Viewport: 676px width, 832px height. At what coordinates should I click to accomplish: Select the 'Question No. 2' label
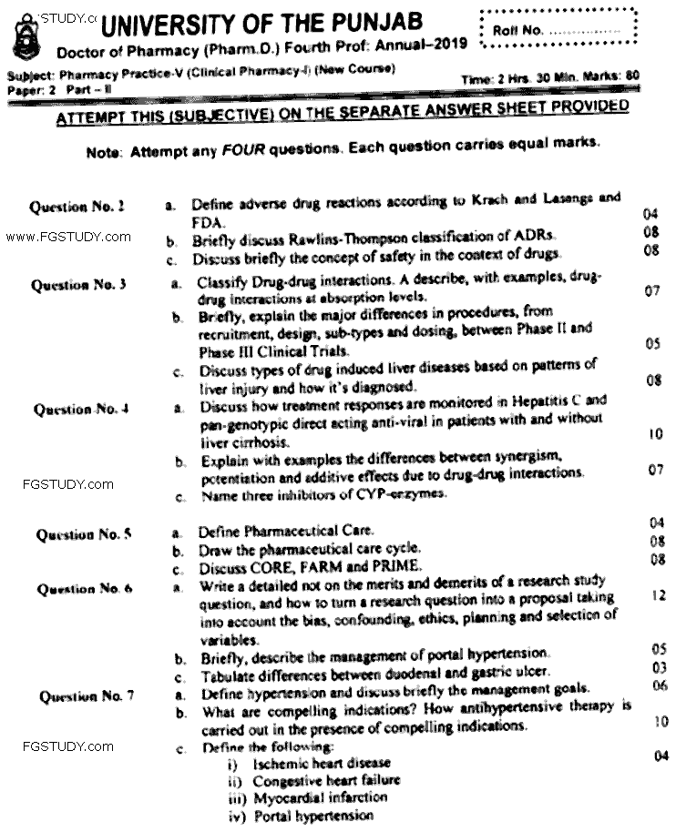click(x=77, y=207)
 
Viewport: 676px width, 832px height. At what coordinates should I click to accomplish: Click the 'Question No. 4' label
click(x=80, y=409)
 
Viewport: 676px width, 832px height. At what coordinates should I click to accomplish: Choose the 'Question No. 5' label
click(x=84, y=534)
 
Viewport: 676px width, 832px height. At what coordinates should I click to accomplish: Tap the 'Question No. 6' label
click(x=85, y=589)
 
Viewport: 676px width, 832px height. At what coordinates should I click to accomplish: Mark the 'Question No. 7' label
click(x=87, y=697)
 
